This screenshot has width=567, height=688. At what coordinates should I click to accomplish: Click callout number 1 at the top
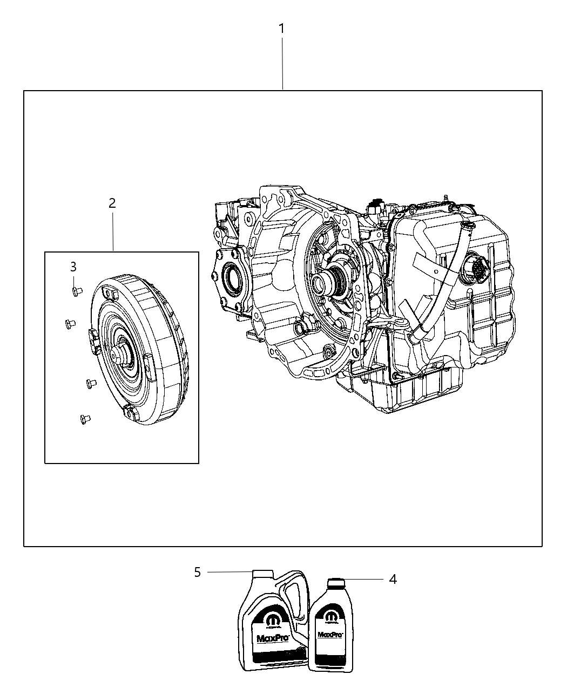coord(281,29)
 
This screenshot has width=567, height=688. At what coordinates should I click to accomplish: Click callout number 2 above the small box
coord(112,203)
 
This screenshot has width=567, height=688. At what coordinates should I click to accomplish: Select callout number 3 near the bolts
coord(73,267)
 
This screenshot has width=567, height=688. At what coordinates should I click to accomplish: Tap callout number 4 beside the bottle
coord(393,580)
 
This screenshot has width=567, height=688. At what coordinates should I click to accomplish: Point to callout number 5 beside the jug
coord(198,572)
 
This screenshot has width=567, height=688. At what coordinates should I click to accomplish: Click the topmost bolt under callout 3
coord(76,291)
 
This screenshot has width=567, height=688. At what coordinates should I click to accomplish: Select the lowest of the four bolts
coord(84,418)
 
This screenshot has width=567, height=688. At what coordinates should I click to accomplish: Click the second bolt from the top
coord(69,324)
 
